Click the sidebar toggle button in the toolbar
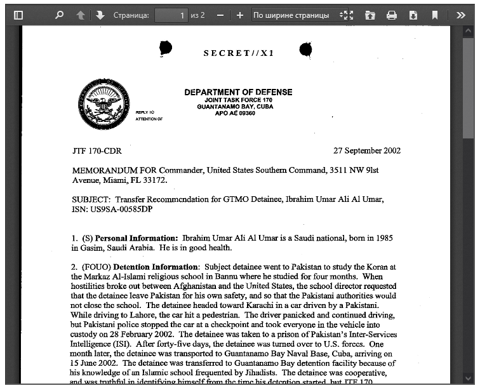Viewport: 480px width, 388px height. pyautogui.click(x=18, y=15)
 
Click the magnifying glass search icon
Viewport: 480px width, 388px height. pyautogui.click(x=59, y=15)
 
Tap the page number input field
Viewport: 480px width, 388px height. pyautogui.click(x=171, y=15)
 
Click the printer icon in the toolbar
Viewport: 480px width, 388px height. pyautogui.click(x=392, y=15)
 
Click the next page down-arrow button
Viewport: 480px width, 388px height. pyautogui.click(x=100, y=15)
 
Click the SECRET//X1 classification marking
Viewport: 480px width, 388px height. pyautogui.click(x=239, y=53)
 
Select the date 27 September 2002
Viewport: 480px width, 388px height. pyautogui.click(x=367, y=151)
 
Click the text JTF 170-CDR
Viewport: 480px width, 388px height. pyautogui.click(x=97, y=151)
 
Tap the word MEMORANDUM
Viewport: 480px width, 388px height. pyautogui.click(x=105, y=170)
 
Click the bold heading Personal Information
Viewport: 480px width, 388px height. pyautogui.click(x=137, y=237)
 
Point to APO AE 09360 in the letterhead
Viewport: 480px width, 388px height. pyautogui.click(x=235, y=113)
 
